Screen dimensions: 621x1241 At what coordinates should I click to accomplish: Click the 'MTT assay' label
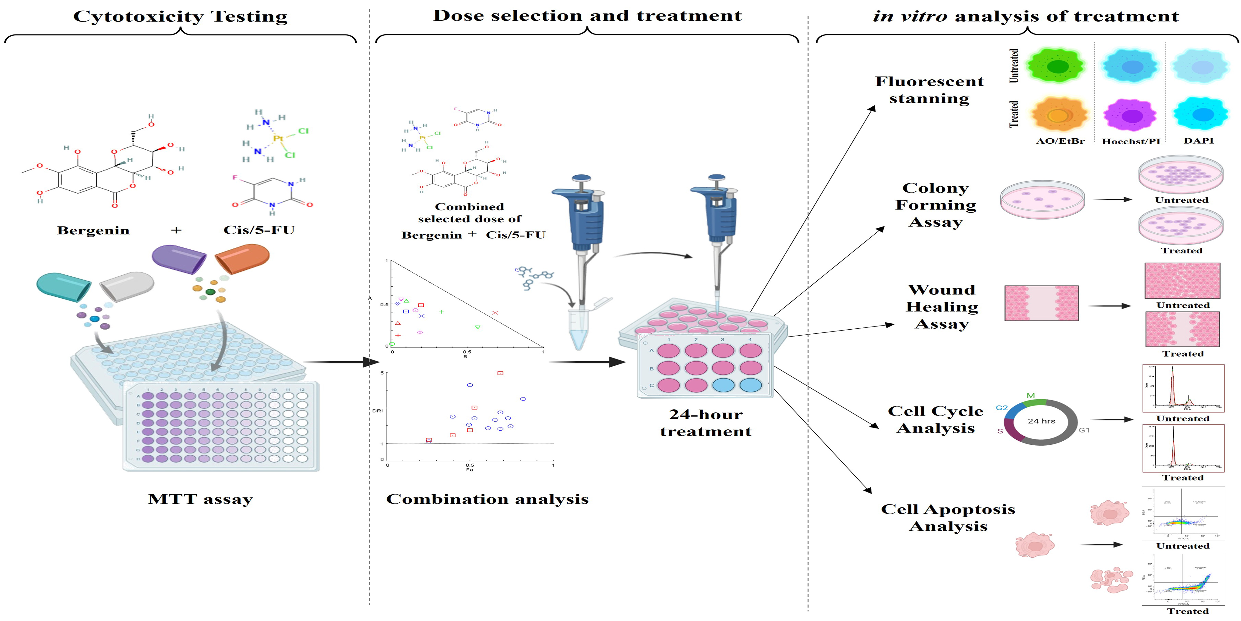pyautogui.click(x=201, y=499)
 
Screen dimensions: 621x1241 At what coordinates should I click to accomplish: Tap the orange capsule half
pyautogui.click(x=242, y=258)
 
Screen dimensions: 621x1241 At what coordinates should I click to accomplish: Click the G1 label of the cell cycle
pyautogui.click(x=1084, y=430)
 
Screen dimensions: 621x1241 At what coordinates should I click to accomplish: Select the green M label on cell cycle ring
pyautogui.click(x=1030, y=396)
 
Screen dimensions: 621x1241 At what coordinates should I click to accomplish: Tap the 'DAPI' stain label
pyautogui.click(x=1199, y=141)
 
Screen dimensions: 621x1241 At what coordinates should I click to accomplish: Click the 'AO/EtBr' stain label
pyautogui.click(x=1060, y=141)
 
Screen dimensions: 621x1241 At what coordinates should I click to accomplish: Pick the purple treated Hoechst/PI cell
pyautogui.click(x=1130, y=116)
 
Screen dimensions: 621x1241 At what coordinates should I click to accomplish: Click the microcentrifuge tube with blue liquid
pyautogui.click(x=579, y=328)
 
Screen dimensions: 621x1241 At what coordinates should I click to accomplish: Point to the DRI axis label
pyautogui.click(x=377, y=411)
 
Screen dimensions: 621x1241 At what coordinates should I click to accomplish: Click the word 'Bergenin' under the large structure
pyautogui.click(x=93, y=231)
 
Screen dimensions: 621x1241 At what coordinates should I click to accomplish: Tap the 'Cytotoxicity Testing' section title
pyautogui.click(x=180, y=16)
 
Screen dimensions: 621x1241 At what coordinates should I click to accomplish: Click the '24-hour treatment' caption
pyautogui.click(x=706, y=423)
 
